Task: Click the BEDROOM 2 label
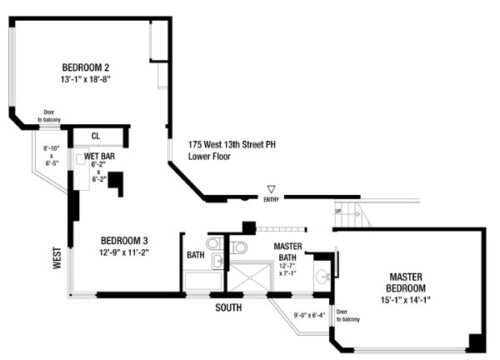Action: pyautogui.click(x=86, y=67)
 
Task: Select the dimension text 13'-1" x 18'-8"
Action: pyautogui.click(x=86, y=79)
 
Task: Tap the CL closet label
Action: pyautogui.click(x=96, y=136)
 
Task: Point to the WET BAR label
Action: pyautogui.click(x=99, y=156)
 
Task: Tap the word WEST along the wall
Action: pyautogui.click(x=56, y=257)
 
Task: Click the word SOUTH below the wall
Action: pyautogui.click(x=227, y=308)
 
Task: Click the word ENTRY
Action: pyautogui.click(x=272, y=200)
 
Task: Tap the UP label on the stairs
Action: pyautogui.click(x=337, y=212)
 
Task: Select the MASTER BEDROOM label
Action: pyautogui.click(x=407, y=282)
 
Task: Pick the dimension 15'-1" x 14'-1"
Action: pyautogui.click(x=407, y=300)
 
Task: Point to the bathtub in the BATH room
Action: pyautogui.click(x=202, y=280)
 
